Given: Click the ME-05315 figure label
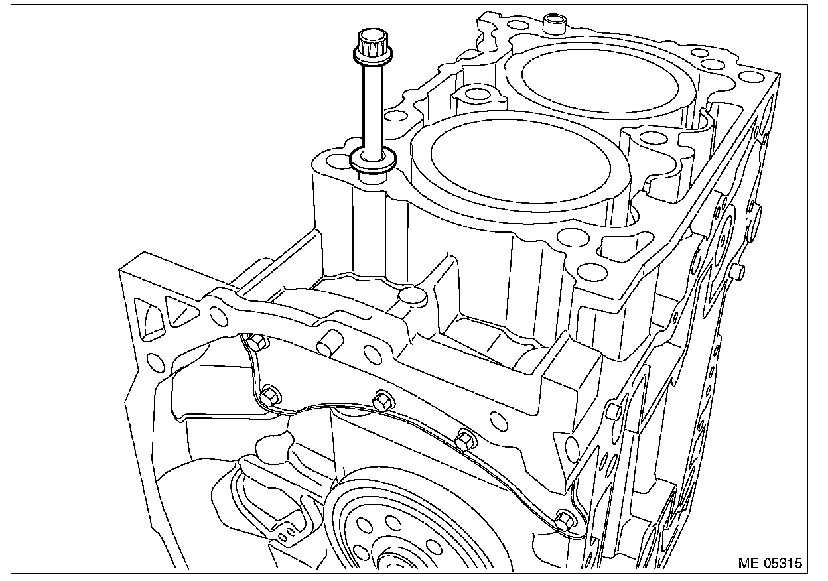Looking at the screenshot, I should (770, 563).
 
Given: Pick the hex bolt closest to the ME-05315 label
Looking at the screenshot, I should (565, 519).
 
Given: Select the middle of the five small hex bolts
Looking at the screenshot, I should (382, 401).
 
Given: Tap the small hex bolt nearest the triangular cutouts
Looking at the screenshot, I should (255, 342).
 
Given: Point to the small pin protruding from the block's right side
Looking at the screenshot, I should (738, 270).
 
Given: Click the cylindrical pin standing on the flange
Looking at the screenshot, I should (330, 345).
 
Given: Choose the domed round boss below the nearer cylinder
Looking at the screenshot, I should (412, 296).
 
